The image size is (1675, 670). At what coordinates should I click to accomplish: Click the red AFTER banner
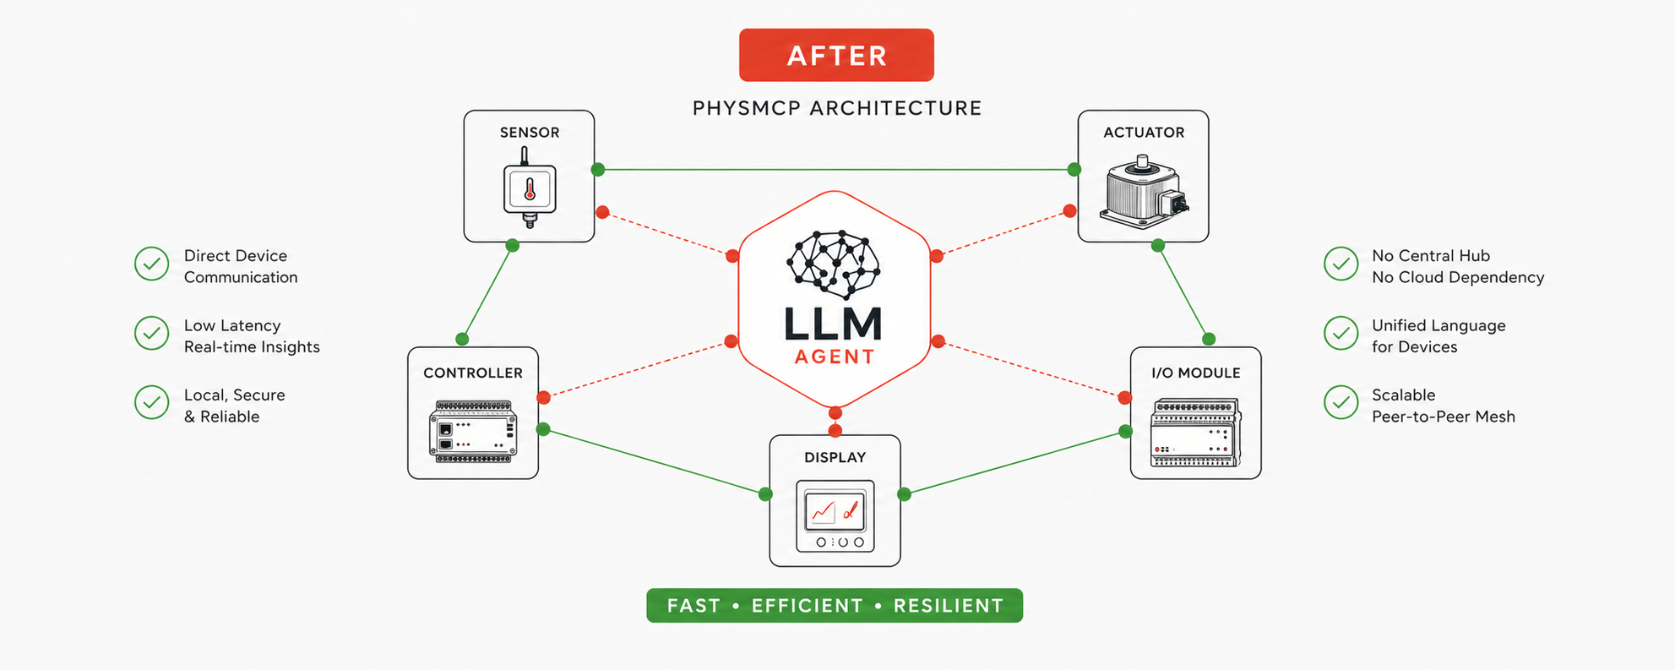pos(836,55)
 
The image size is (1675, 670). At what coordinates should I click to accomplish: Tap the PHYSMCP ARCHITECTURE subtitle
pos(836,108)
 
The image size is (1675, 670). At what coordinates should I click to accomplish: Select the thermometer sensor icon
pos(530,188)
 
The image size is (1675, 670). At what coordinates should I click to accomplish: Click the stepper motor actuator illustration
pos(1143,193)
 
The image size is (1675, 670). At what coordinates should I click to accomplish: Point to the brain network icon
pos(834,263)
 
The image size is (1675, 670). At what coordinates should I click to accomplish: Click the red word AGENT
pos(835,357)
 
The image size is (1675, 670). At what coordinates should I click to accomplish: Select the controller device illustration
pos(473,431)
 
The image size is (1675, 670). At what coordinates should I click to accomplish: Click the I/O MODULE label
pos(1195,373)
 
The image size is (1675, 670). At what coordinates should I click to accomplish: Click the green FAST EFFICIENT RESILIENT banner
pos(835,606)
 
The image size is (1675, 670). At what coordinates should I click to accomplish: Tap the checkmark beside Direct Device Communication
pos(152,264)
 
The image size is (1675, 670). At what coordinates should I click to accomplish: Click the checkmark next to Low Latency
pos(152,334)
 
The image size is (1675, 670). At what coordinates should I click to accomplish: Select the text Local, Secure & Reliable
pos(234,406)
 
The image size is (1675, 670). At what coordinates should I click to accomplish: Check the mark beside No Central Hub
pos(1341,264)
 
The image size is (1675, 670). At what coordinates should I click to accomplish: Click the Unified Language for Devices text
pos(1438,336)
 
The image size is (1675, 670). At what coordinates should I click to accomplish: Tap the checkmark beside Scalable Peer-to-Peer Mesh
pos(1341,403)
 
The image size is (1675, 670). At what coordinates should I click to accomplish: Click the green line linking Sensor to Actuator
pos(836,170)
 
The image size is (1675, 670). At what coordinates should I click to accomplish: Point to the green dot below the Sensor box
pos(512,246)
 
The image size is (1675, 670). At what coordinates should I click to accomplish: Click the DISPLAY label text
pos(835,457)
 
